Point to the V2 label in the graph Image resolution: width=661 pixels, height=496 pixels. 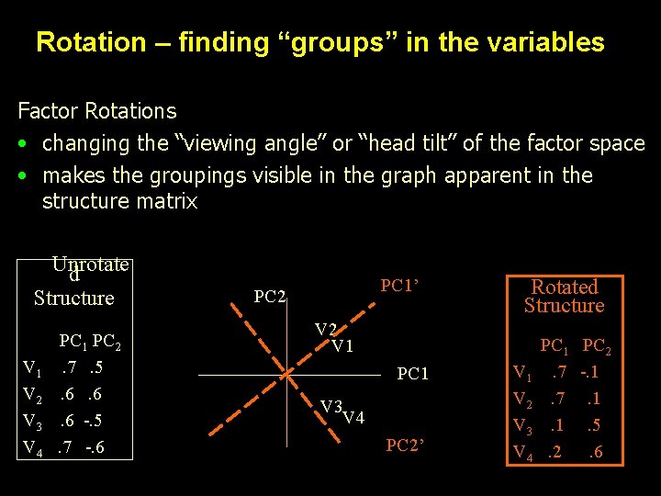[326, 330]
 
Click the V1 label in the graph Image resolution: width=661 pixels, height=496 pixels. [342, 346]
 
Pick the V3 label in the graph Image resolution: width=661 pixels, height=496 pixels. [331, 407]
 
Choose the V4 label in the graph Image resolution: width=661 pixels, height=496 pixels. [353, 419]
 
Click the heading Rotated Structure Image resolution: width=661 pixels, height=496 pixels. [564, 296]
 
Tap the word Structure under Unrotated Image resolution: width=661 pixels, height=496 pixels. [73, 298]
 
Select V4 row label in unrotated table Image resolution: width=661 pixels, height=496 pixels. [32, 448]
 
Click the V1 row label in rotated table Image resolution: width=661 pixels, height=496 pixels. [521, 373]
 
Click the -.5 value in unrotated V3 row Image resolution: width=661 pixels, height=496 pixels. [93, 422]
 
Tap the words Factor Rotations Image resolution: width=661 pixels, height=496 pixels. [97, 111]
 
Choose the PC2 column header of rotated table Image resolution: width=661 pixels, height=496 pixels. [597, 347]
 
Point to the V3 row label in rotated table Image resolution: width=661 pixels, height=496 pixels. [521, 426]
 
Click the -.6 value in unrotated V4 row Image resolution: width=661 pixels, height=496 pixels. [94, 448]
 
